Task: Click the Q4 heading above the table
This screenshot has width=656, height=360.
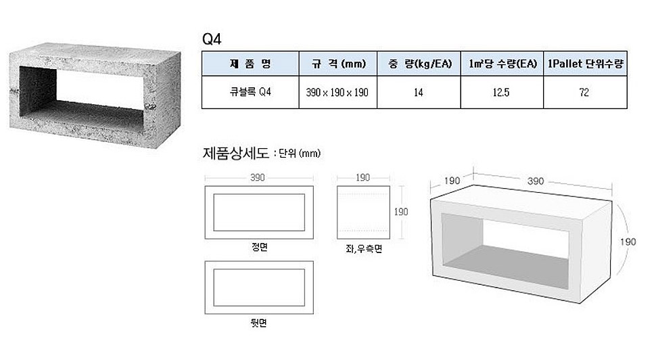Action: tap(212, 38)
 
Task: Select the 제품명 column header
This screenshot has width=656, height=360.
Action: tap(250, 64)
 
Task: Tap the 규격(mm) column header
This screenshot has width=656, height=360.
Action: tap(338, 64)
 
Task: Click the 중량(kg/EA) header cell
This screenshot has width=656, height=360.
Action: tap(419, 64)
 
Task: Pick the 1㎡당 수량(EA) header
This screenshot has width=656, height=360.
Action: tap(502, 64)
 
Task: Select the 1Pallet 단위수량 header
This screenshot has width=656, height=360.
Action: tap(585, 64)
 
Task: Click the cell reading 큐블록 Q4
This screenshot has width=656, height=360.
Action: tap(250, 92)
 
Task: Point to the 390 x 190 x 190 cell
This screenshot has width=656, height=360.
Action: tap(338, 92)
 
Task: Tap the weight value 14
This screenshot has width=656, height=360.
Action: tap(419, 92)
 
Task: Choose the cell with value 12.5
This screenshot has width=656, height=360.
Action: tap(502, 92)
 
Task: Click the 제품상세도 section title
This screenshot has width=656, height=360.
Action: tap(236, 153)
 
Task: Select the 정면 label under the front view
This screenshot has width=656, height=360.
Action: tap(259, 247)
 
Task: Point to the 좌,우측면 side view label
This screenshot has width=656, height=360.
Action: tap(363, 249)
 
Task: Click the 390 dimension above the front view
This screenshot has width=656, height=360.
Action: tap(258, 177)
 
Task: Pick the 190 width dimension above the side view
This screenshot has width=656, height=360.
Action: tap(362, 177)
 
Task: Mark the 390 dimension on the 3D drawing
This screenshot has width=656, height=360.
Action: tap(536, 181)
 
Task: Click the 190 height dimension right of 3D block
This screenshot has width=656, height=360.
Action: tap(628, 241)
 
